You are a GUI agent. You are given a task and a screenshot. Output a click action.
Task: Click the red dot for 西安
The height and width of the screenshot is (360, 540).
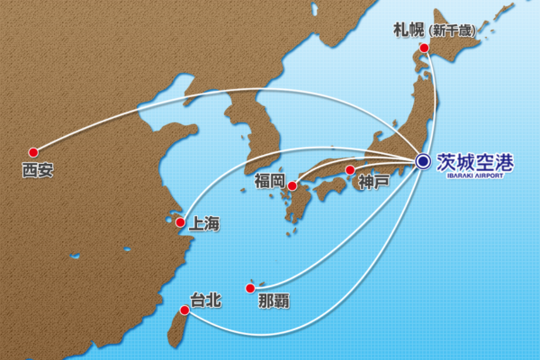pyautogui.click(x=33, y=152)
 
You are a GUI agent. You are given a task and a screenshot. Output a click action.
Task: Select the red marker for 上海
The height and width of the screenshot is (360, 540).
pyautogui.click(x=180, y=222)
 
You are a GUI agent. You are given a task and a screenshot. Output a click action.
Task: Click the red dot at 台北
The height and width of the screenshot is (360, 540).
pyautogui.click(x=184, y=310)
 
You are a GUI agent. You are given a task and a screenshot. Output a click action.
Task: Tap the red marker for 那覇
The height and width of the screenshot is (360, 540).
pyautogui.click(x=249, y=288)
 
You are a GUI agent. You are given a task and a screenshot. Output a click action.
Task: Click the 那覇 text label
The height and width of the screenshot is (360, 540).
pyautogui.click(x=274, y=298)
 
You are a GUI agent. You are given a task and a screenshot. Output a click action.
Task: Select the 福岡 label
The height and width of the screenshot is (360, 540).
pyautogui.click(x=270, y=182)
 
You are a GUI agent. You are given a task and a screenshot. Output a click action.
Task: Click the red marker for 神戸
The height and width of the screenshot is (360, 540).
pyautogui.click(x=350, y=168)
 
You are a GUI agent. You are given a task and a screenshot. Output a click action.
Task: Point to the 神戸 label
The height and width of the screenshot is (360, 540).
pyautogui.click(x=373, y=182)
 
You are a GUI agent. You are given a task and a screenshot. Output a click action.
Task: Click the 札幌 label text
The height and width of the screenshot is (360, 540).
pyautogui.click(x=409, y=30)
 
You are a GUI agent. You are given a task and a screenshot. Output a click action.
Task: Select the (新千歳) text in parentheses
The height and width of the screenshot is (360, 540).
pyautogui.click(x=453, y=31)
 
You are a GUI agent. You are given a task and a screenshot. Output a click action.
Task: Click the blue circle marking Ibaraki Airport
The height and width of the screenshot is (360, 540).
pyautogui.click(x=422, y=162)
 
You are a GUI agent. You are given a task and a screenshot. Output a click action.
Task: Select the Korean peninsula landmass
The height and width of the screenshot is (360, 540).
pyautogui.click(x=238, y=135)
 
